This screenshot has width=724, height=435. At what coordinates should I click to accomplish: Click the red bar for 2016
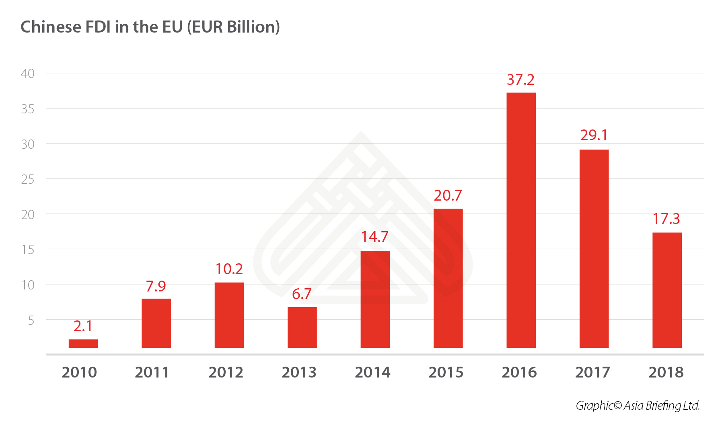(x=521, y=220)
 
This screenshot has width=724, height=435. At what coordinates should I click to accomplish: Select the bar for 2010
(x=83, y=343)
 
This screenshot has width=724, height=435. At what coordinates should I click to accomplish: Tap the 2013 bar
(x=302, y=327)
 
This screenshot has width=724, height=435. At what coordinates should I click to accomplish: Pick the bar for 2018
(x=667, y=290)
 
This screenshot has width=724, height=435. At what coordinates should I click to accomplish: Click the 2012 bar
(x=229, y=315)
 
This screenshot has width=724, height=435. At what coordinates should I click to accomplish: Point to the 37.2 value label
(x=520, y=80)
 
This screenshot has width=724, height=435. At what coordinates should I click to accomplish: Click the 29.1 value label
(x=594, y=135)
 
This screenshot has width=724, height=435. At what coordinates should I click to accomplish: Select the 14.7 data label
(x=374, y=237)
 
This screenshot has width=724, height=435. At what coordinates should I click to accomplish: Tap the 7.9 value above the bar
(x=156, y=286)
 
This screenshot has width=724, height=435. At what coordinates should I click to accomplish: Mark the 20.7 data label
(x=448, y=195)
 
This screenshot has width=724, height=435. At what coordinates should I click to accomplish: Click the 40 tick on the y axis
(x=28, y=74)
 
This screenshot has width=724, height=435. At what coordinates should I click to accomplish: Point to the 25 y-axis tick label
(x=28, y=179)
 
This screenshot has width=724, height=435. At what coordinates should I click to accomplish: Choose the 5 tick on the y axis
(x=31, y=320)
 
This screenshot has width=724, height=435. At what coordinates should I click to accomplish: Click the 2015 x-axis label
(x=446, y=372)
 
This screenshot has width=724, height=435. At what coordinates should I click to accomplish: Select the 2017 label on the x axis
(x=592, y=372)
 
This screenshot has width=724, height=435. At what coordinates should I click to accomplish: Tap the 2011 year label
(x=152, y=372)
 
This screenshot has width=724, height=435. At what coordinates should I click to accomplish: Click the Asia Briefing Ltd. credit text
(x=662, y=405)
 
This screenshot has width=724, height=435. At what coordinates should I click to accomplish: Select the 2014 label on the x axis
(x=372, y=372)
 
